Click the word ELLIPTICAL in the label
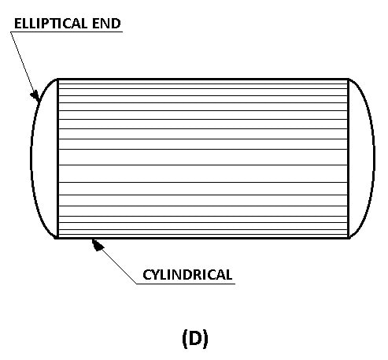click(x=50, y=24)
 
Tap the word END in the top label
click(x=106, y=24)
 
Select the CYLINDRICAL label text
click(x=187, y=275)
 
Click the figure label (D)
click(x=195, y=339)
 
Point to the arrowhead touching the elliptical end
click(x=35, y=95)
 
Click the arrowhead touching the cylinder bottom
click(x=98, y=245)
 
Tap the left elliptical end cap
click(x=32, y=158)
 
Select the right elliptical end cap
click(x=373, y=158)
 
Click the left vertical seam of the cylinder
click(x=57, y=158)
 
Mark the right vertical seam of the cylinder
click(x=349, y=158)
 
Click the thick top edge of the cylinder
click(x=203, y=79)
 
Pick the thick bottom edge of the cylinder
click(x=203, y=238)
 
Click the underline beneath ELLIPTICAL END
click(x=67, y=32)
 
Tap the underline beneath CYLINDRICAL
click(x=186, y=284)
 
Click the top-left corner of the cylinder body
click(x=57, y=79)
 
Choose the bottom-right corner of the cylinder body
click(x=349, y=238)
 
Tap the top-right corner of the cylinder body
click(x=349, y=79)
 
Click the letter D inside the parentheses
click(x=195, y=338)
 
